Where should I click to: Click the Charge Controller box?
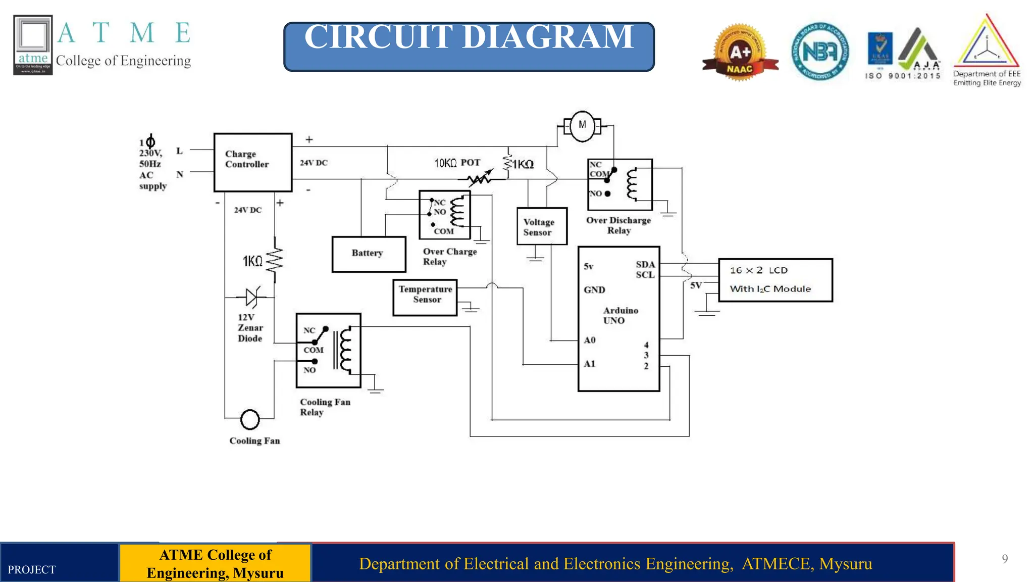(252, 162)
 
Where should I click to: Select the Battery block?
(369, 254)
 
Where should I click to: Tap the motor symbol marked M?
(582, 126)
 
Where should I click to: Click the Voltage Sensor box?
(542, 226)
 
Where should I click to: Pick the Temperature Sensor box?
(425, 297)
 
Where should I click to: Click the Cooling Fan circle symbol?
(250, 419)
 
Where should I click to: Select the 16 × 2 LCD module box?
(775, 280)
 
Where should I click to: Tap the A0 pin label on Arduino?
(590, 341)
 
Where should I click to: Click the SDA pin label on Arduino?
(645, 265)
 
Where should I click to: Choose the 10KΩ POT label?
(457, 163)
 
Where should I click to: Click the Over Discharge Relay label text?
(618, 225)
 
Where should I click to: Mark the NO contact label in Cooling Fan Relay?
(309, 370)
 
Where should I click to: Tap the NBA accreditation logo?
(820, 52)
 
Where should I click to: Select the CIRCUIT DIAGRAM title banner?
(469, 46)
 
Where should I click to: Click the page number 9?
(1005, 559)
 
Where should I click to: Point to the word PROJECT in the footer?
(32, 570)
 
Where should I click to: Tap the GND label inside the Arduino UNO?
(594, 290)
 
